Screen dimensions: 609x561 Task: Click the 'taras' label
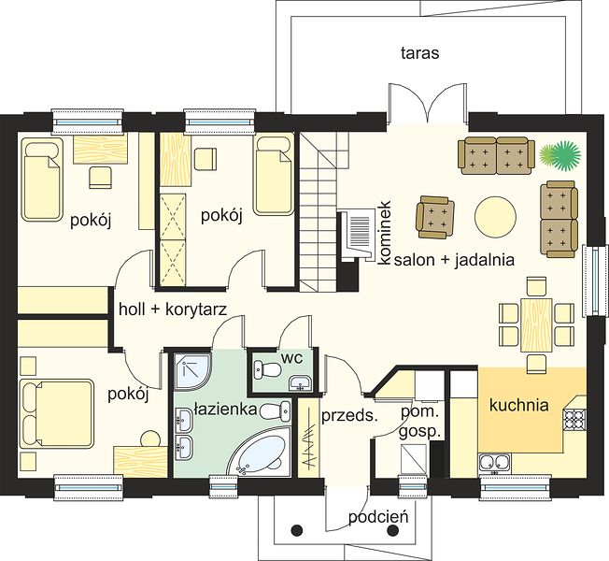[x=419, y=53]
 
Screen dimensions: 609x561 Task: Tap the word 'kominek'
[x=385, y=233]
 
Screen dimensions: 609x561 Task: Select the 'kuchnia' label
[x=519, y=405]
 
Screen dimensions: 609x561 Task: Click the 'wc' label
[x=292, y=358]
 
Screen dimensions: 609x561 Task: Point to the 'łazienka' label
[x=225, y=409]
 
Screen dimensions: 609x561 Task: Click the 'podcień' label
[x=378, y=517]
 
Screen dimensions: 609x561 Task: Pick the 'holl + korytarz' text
[x=173, y=309]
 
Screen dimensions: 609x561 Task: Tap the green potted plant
[x=560, y=155]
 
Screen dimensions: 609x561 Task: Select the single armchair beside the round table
[x=435, y=217]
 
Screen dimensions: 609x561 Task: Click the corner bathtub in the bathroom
[x=260, y=451]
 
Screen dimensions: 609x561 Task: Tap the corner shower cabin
[x=192, y=371]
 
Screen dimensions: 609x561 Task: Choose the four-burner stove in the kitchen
[x=574, y=419]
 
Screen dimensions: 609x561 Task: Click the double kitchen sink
[x=494, y=463]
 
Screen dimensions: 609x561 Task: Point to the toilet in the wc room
[x=267, y=369]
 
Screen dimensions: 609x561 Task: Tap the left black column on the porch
[x=297, y=529]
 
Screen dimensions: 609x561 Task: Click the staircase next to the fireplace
[x=319, y=212]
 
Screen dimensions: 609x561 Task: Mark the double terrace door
[x=427, y=104]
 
